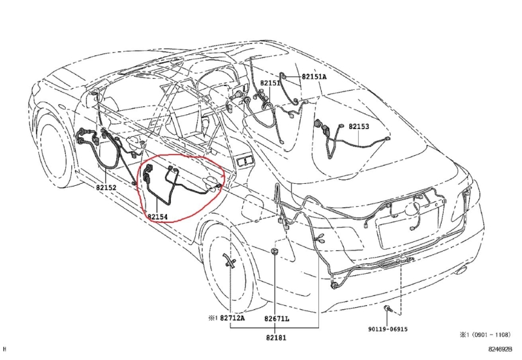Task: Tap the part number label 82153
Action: (358, 127)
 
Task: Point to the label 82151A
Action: (314, 77)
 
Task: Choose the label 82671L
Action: (277, 319)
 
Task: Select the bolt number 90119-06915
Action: (388, 329)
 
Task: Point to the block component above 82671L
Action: (276, 251)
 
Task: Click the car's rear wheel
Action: (225, 261)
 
